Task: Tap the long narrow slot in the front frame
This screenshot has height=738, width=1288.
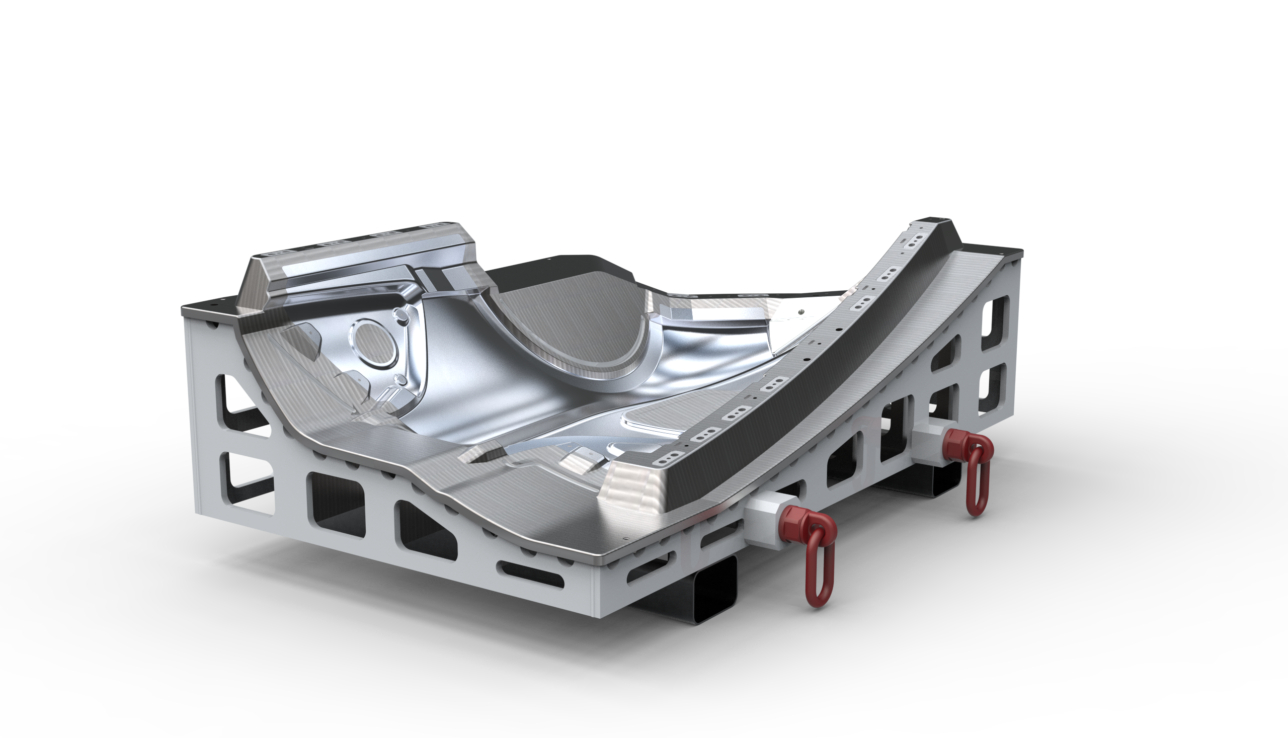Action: pyautogui.click(x=531, y=574)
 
